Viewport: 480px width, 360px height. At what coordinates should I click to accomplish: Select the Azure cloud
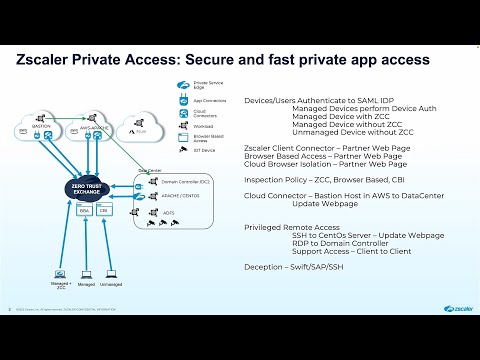point(142,131)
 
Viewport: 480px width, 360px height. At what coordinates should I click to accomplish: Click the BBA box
point(85,211)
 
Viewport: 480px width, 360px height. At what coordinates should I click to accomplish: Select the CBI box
point(104,211)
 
